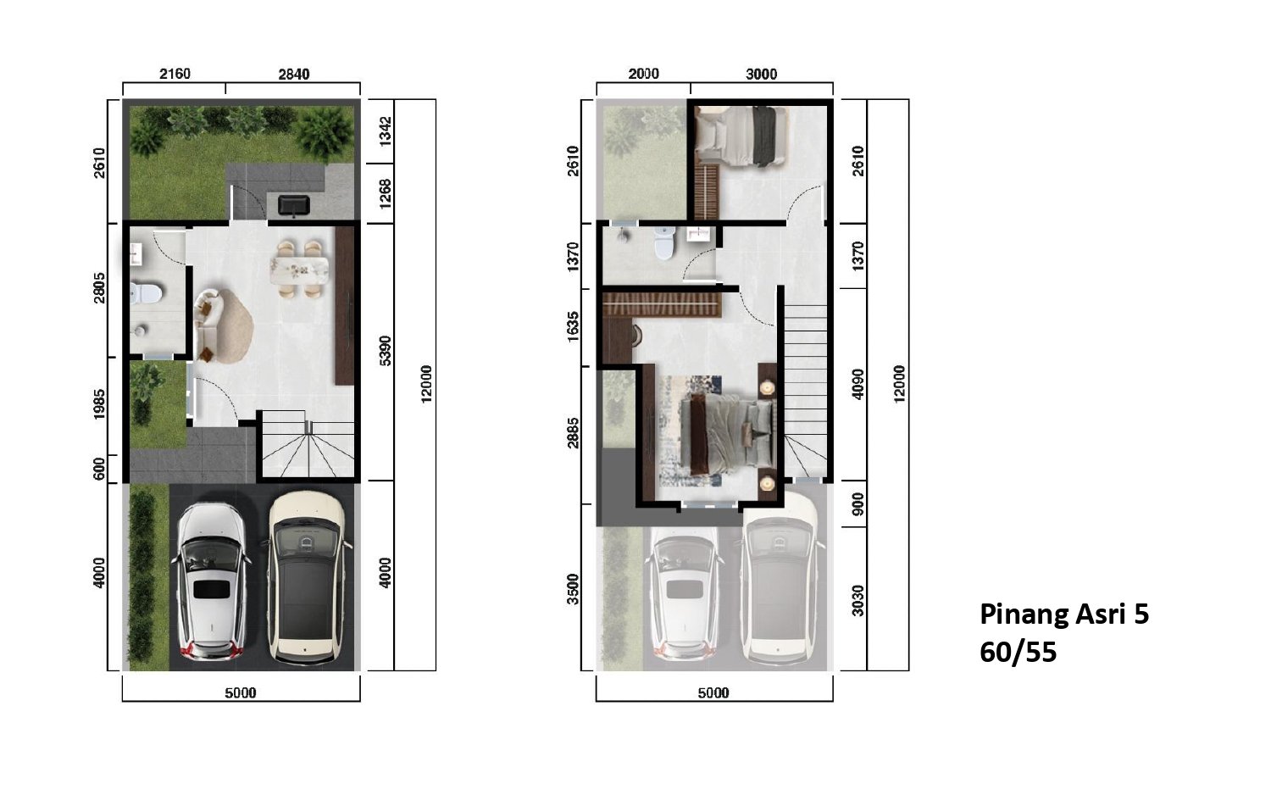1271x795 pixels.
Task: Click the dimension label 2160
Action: tap(175, 74)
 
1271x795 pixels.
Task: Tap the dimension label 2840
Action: tap(294, 74)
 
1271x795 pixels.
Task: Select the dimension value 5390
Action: tap(385, 351)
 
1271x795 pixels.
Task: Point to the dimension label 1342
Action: tap(385, 131)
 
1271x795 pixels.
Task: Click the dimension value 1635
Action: tap(573, 326)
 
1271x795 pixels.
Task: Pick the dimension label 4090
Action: tap(858, 384)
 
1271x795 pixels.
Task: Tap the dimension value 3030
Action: tap(858, 600)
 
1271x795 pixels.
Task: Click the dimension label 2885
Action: tap(573, 432)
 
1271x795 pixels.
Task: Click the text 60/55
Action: tap(1018, 652)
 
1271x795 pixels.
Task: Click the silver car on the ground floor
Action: tap(212, 581)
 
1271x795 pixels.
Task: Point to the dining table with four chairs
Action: tap(299, 270)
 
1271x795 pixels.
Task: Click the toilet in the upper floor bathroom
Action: tap(663, 243)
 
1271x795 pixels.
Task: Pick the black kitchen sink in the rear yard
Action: tap(294, 205)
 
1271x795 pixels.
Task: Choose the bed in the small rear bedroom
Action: tap(741, 136)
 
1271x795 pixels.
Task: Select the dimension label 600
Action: tap(99, 469)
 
